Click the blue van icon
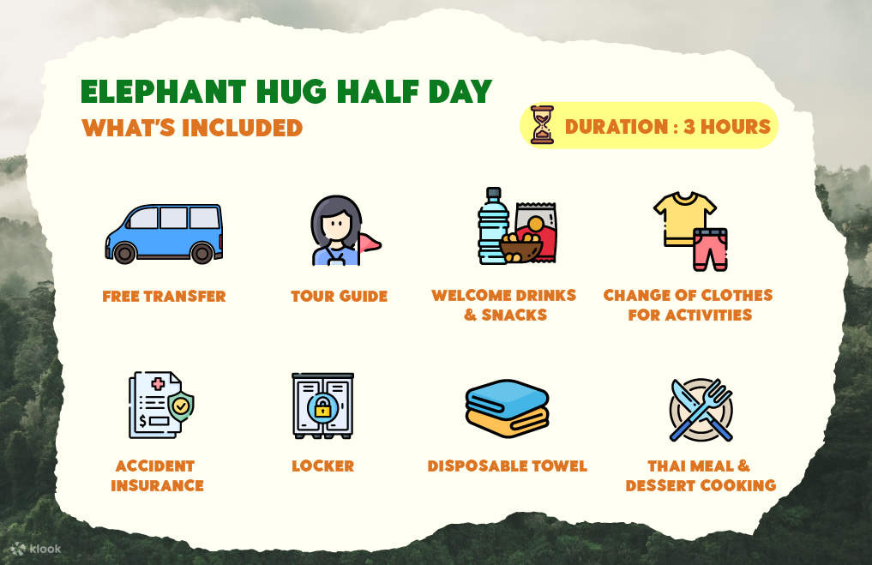coord(163,232)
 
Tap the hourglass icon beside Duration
coord(542,125)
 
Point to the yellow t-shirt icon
coord(683,215)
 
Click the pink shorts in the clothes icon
coord(711,249)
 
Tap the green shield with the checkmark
coord(181,406)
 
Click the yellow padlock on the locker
coord(322,408)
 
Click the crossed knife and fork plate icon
coord(701,410)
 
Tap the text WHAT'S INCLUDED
coord(192,128)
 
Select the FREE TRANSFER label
coord(164,297)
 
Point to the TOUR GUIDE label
coord(339,297)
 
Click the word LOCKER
coord(322,466)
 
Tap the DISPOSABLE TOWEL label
coord(507,466)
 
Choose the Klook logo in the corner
coord(36,548)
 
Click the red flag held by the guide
coord(370,244)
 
